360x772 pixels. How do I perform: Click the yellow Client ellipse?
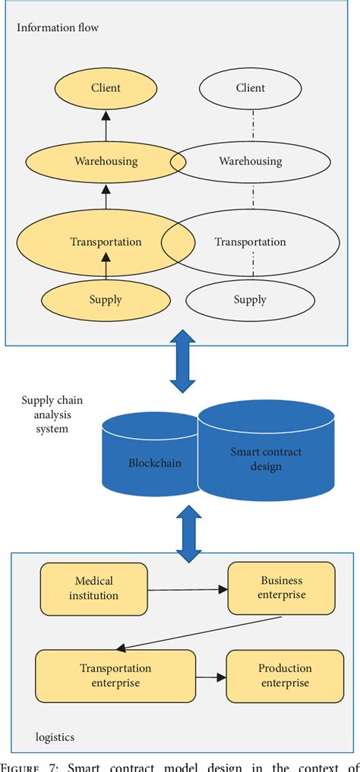[106, 88]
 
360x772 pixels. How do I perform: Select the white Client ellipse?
[250, 88]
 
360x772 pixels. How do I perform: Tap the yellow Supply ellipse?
[106, 300]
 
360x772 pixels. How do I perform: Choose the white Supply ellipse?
[250, 300]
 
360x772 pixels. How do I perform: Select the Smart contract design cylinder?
[266, 458]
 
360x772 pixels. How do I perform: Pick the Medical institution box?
[93, 588]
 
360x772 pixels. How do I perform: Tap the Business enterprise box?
[271, 588]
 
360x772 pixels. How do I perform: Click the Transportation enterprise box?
[115, 675]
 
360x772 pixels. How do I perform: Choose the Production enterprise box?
[285, 675]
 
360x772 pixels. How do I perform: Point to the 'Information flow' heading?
[57, 28]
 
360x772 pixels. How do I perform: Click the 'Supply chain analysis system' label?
[47, 414]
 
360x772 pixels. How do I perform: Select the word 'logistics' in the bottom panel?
[55, 736]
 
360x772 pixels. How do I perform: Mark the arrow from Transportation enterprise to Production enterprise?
[211, 675]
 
